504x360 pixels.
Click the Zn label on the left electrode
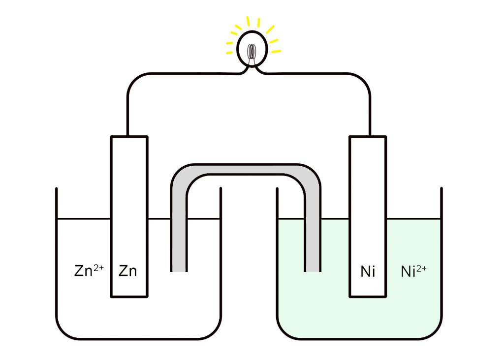(x=128, y=271)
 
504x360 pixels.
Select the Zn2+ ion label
(x=89, y=270)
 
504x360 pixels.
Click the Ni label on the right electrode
(x=368, y=271)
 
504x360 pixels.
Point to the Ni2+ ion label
(x=413, y=271)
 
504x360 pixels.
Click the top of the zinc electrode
(x=129, y=138)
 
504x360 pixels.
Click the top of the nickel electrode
(x=368, y=138)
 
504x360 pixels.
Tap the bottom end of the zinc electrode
(x=129, y=296)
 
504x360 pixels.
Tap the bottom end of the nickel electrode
(x=368, y=296)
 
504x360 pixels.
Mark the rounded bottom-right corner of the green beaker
(x=435, y=332)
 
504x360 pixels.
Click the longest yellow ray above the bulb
(x=248, y=22)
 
